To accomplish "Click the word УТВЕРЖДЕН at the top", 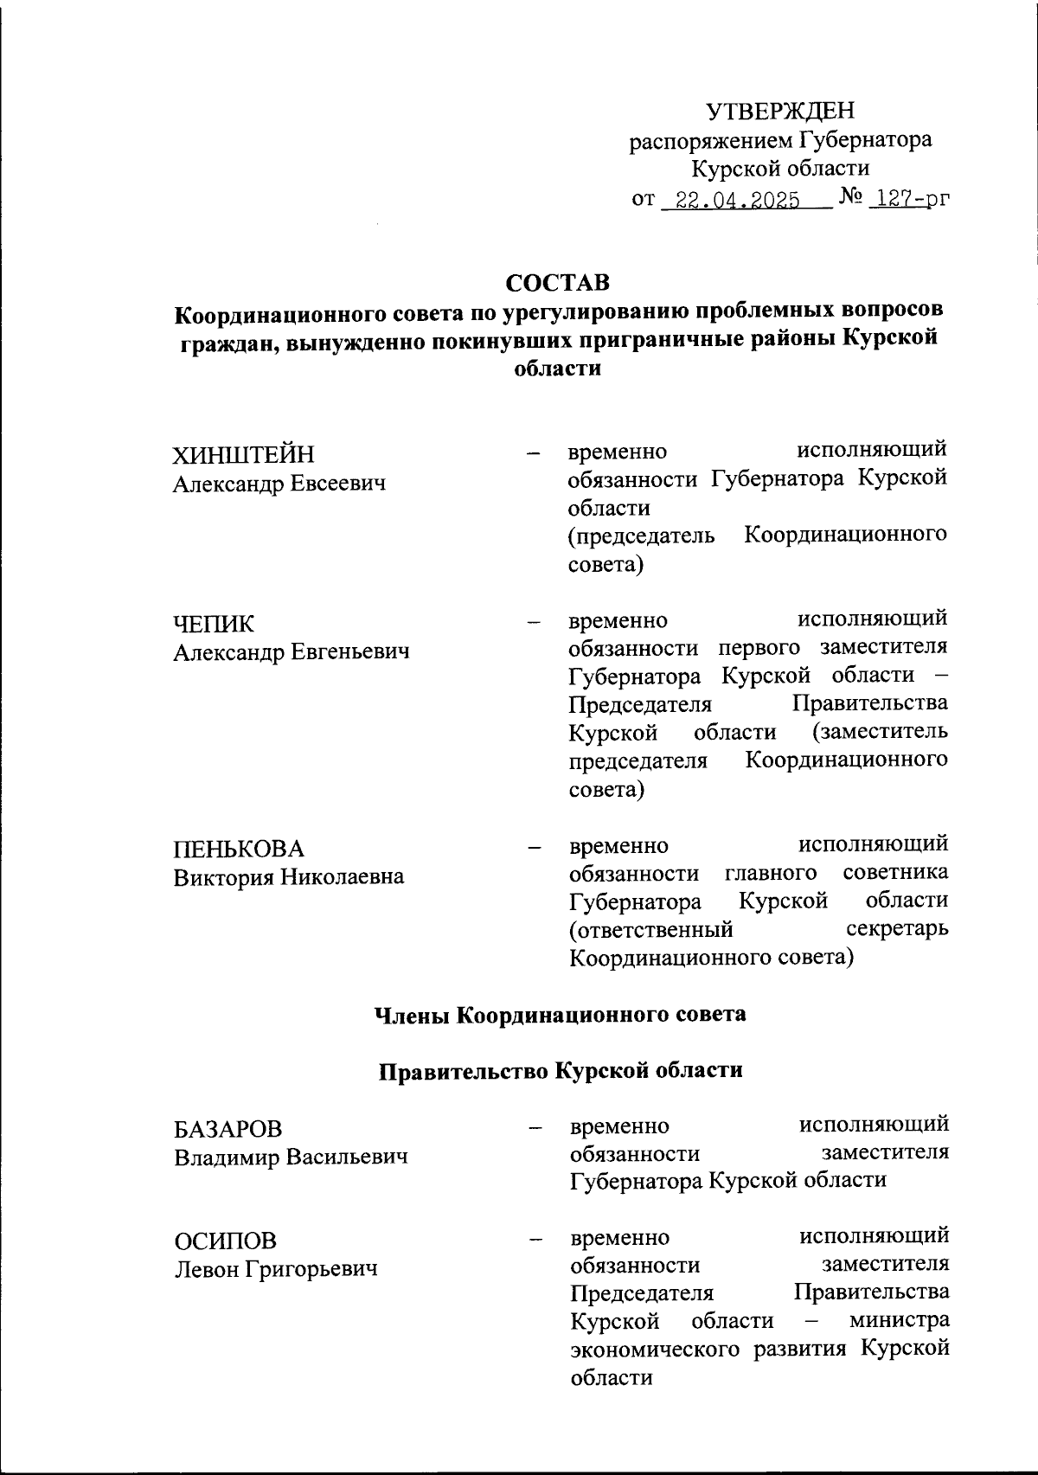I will (x=780, y=111).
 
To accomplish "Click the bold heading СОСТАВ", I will (x=558, y=283).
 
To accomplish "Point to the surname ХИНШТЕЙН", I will (x=244, y=455).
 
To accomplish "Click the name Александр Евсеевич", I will (x=279, y=484).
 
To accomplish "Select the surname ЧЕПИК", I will (x=214, y=624).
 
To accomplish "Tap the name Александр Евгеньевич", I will (x=292, y=651).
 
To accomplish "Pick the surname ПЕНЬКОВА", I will (x=240, y=849).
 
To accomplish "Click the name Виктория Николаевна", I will (x=289, y=876).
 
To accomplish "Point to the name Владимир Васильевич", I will (x=291, y=1158).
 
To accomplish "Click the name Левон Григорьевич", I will (x=276, y=1269).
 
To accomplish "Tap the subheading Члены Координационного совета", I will (x=559, y=1014).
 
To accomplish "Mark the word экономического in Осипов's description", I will (x=657, y=1348).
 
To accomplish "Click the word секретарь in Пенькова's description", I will (x=896, y=929).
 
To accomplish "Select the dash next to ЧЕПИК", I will (x=534, y=621).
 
